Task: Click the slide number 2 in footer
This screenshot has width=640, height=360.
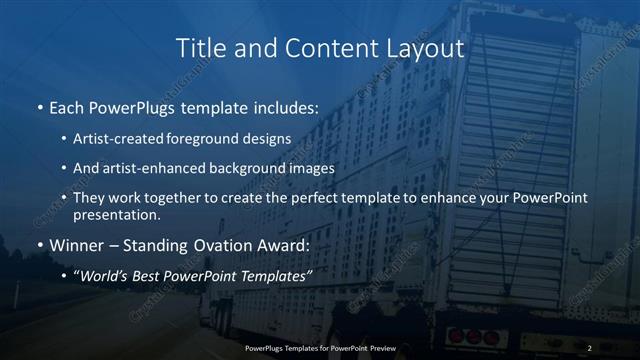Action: (590, 348)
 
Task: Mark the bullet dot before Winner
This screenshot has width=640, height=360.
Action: (40, 246)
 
